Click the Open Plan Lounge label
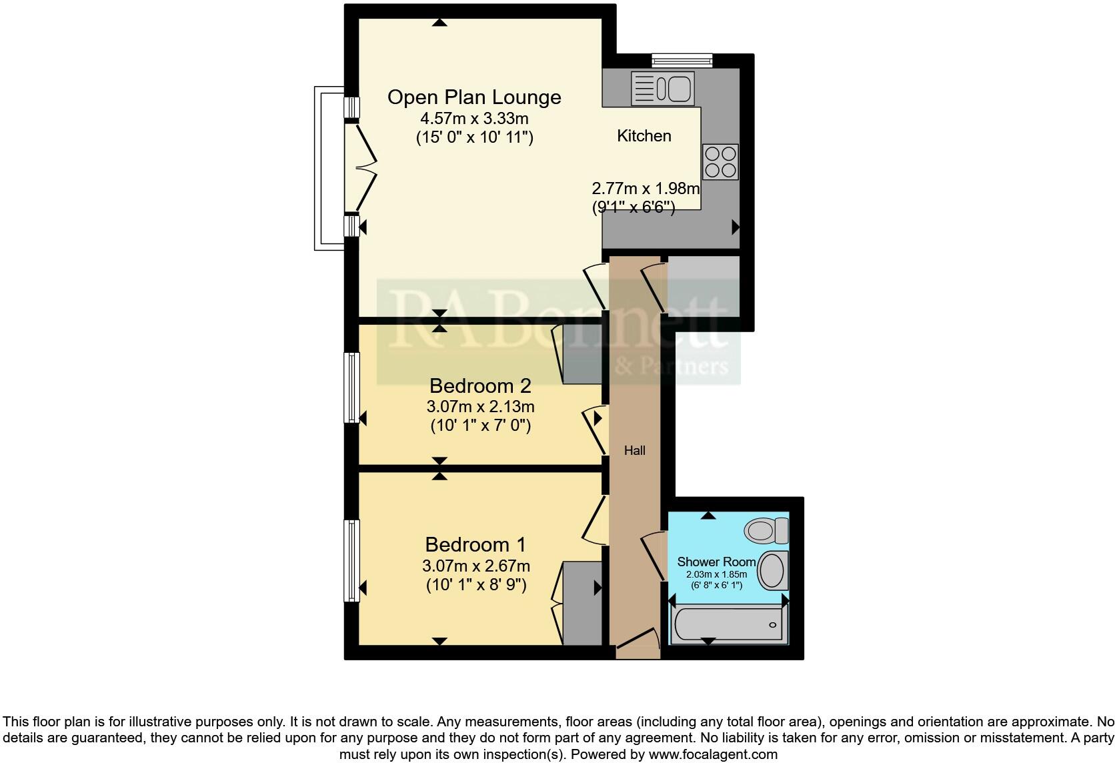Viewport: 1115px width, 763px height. pyautogui.click(x=474, y=97)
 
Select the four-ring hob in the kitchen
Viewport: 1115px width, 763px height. pyautogui.click(x=720, y=161)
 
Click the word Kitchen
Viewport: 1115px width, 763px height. pyautogui.click(x=644, y=136)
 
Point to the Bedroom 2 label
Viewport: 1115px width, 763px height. pyautogui.click(x=480, y=386)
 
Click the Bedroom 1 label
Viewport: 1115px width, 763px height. pyautogui.click(x=475, y=545)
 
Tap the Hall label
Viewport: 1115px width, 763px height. pyautogui.click(x=635, y=451)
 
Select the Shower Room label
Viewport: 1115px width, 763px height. pyautogui.click(x=717, y=562)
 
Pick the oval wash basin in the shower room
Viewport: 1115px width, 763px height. pyautogui.click(x=774, y=570)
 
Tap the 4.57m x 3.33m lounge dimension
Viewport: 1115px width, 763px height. pyautogui.click(x=474, y=119)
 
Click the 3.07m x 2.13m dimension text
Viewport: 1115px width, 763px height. pyautogui.click(x=480, y=406)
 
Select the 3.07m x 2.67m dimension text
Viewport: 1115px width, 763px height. pyautogui.click(x=476, y=566)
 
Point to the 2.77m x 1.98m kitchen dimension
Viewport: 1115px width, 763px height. pyautogui.click(x=646, y=188)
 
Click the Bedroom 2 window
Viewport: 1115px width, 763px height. pyautogui.click(x=351, y=388)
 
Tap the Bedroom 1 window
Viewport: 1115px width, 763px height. pyautogui.click(x=351, y=561)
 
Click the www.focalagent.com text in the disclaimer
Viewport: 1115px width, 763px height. pyautogui.click(x=713, y=754)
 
